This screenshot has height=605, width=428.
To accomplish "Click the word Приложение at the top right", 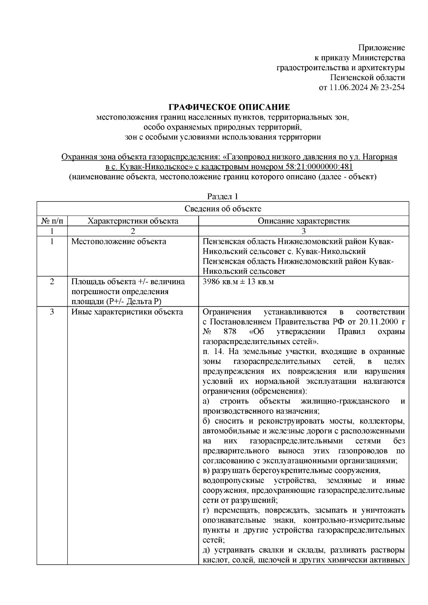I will pyautogui.click(x=382, y=48).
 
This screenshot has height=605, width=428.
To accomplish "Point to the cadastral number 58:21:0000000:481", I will pyautogui.click(x=319, y=167).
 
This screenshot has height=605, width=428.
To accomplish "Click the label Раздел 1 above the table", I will pyautogui.click(x=223, y=196).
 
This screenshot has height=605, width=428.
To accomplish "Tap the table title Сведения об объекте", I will pyautogui.click(x=223, y=209).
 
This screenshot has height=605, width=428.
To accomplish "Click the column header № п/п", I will pyautogui.click(x=52, y=221).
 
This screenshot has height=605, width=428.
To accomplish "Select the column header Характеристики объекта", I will pyautogui.click(x=133, y=221).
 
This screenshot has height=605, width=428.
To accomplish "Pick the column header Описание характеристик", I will pyautogui.click(x=304, y=221).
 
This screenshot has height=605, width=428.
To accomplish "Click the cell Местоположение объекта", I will pyautogui.click(x=119, y=241).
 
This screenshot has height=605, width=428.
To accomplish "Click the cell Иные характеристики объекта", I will pyautogui.click(x=127, y=312).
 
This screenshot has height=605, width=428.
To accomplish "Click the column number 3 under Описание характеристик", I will pyautogui.click(x=304, y=231).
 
